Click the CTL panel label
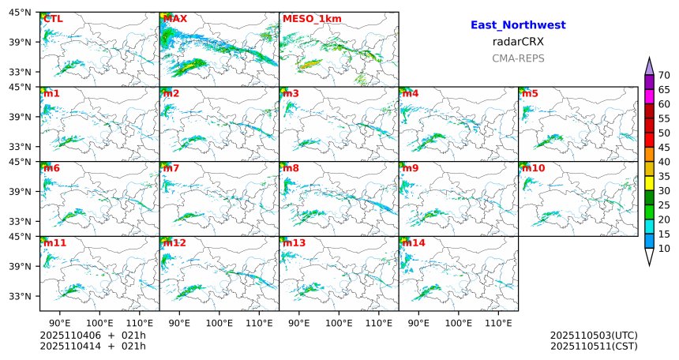tap(54, 18)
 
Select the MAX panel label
tap(174, 18)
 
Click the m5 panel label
tap(530, 94)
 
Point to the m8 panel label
tap(291, 168)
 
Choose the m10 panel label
tap(533, 168)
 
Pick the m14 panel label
tap(413, 243)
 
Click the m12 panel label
tap(174, 243)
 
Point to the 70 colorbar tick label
tap(664, 75)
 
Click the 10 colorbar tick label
tap(664, 249)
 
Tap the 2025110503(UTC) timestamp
tap(594, 336)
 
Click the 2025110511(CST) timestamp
tap(594, 346)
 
